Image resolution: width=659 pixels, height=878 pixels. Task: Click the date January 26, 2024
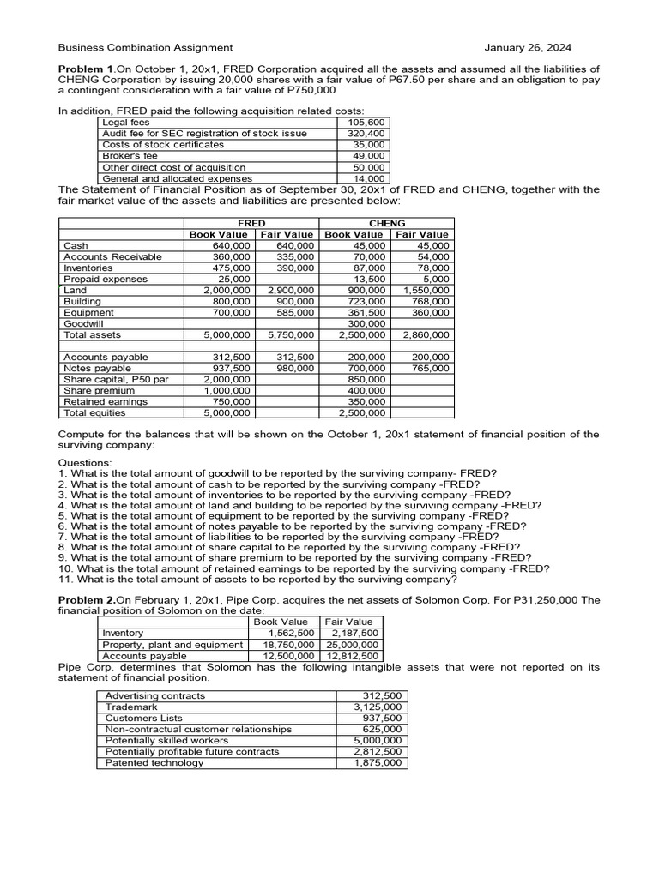528,48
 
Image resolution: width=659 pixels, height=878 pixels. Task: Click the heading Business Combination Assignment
145,48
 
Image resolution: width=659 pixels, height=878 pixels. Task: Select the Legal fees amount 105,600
366,123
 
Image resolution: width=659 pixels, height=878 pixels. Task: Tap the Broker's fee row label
130,156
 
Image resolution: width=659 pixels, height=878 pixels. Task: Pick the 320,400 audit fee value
366,134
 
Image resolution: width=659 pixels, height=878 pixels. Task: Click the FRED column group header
251,223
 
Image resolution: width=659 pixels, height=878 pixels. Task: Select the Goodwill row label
83,324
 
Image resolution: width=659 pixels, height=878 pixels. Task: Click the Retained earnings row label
105,401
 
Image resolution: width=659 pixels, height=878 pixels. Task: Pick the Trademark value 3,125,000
378,707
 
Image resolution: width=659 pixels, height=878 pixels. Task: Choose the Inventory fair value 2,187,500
354,633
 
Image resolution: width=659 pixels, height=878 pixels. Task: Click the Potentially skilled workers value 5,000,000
378,741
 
